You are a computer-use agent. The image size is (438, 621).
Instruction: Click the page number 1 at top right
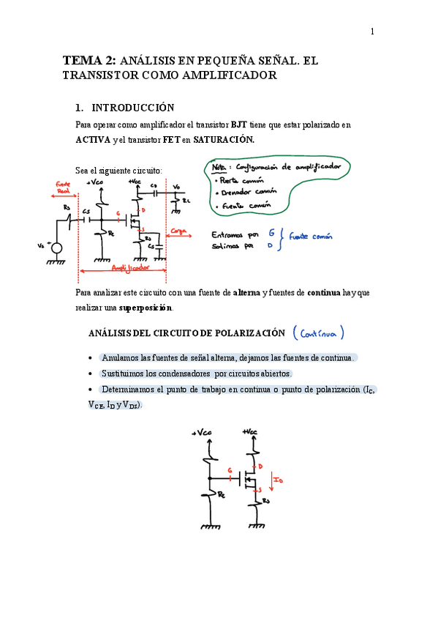coord(371,31)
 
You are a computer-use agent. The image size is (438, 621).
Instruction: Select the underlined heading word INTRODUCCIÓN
coord(132,108)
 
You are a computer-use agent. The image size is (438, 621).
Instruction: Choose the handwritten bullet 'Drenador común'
coord(247,193)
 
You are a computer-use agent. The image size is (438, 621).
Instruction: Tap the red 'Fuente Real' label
coord(63,187)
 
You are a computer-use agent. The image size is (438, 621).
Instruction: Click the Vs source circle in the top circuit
coord(56,248)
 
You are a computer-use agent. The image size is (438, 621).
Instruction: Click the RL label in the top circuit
coord(186,199)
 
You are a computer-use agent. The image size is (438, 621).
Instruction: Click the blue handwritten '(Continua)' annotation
coord(318,333)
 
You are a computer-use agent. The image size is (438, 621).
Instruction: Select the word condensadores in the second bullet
coord(172,373)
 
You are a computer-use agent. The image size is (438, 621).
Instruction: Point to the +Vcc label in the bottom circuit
coord(253,431)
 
